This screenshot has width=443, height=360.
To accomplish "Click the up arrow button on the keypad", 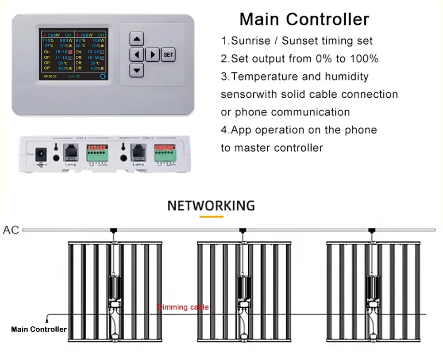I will [x=137, y=39].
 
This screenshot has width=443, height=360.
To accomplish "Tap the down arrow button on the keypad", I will [x=137, y=70].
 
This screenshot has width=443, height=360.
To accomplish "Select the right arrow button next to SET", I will [x=152, y=55].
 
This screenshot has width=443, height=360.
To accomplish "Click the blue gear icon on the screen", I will [x=103, y=76].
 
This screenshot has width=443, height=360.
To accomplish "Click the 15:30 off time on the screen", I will [x=93, y=57].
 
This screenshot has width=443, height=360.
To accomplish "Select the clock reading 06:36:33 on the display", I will [x=50, y=76].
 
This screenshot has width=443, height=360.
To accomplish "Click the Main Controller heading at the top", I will [x=304, y=19].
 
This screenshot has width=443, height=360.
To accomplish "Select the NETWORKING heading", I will [x=211, y=206].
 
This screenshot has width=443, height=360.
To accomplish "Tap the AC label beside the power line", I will [x=11, y=230].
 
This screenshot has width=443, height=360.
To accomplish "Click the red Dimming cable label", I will [x=183, y=307].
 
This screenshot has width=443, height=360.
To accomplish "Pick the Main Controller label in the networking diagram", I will [x=39, y=329].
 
